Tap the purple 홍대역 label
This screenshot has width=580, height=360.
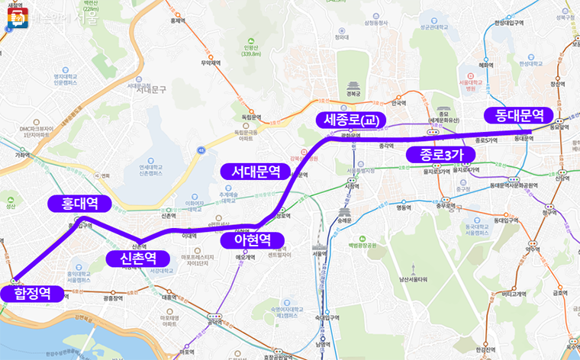[79, 203]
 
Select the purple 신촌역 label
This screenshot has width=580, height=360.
[133, 259]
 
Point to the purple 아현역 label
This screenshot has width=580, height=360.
[246, 240]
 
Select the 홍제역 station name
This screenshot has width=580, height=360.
[178, 21]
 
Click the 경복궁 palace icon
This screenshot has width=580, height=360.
[353, 85]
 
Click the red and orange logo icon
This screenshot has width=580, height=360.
[17, 17]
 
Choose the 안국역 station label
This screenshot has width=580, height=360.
[398, 103]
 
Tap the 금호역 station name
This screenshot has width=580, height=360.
[561, 291]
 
